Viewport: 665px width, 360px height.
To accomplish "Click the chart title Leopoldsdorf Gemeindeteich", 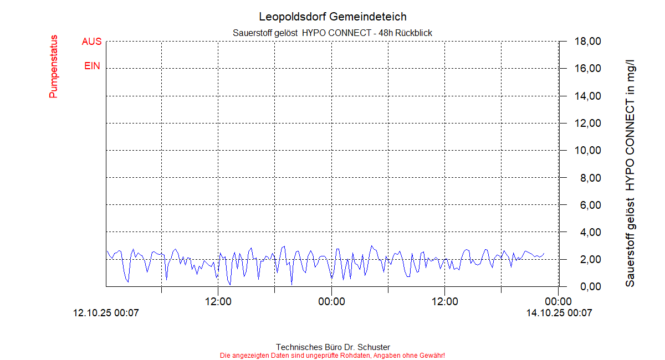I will point(332,17).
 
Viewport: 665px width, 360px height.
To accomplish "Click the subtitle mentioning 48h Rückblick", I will point(332,33).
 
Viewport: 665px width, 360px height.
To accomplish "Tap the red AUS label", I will point(91,42).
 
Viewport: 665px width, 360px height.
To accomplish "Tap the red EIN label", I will point(92,66).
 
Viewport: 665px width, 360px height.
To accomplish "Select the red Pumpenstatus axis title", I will point(53,66).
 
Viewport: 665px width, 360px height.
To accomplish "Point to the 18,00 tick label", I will point(587,42).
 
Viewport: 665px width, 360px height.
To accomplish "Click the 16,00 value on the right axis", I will point(587,69).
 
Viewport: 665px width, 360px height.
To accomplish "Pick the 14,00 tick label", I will point(587,96).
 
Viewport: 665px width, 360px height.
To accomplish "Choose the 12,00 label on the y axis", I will point(587,123).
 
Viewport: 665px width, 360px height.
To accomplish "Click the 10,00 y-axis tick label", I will point(587,150).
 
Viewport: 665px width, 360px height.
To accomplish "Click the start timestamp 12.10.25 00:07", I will point(106,313).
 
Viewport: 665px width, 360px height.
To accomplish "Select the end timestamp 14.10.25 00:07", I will point(559,313).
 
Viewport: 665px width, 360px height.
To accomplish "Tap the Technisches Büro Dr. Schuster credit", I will point(332,347).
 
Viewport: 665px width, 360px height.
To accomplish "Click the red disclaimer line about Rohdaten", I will point(332,355).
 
